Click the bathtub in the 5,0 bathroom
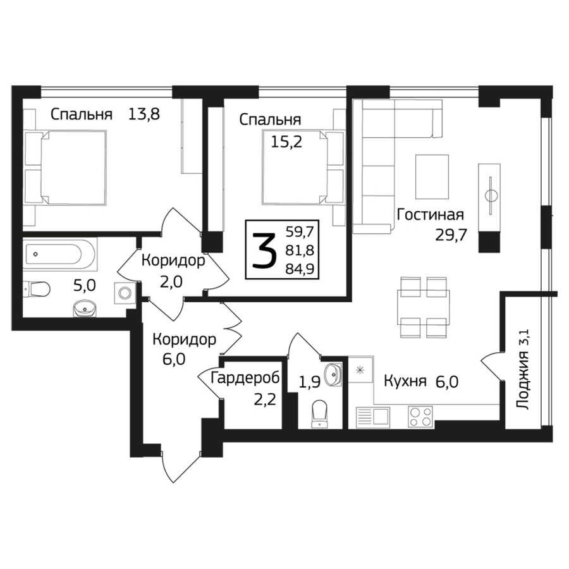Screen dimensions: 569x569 pyautogui.click(x=59, y=254)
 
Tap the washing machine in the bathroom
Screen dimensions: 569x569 pyautogui.click(x=125, y=293)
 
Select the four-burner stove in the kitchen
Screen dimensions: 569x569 pyautogui.click(x=420, y=417)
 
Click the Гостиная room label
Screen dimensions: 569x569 pyautogui.click(x=431, y=215)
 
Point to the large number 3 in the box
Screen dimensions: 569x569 pyautogui.click(x=264, y=250)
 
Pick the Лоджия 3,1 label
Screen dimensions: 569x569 pyautogui.click(x=523, y=369)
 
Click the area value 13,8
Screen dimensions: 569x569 pyautogui.click(x=144, y=114)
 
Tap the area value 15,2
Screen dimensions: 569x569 pyautogui.click(x=286, y=142)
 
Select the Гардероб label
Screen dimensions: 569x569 pyautogui.click(x=245, y=378)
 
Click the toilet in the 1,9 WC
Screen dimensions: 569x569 pyautogui.click(x=320, y=414)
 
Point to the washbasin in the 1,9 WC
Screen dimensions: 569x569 pyautogui.click(x=333, y=374)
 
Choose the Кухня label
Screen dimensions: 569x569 pyautogui.click(x=405, y=382)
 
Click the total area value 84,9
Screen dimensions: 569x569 pyautogui.click(x=300, y=269)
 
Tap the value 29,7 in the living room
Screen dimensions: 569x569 pyautogui.click(x=451, y=236)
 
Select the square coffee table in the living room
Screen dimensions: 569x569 pyautogui.click(x=432, y=177)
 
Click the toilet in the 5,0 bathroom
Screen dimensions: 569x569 pyautogui.click(x=37, y=289)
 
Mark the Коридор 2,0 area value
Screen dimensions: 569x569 pyautogui.click(x=171, y=281)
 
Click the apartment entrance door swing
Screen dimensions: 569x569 pyautogui.click(x=180, y=467)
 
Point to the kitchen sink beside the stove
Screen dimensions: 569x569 pyautogui.click(x=373, y=417)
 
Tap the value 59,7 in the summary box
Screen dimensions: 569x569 pyautogui.click(x=300, y=231)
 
